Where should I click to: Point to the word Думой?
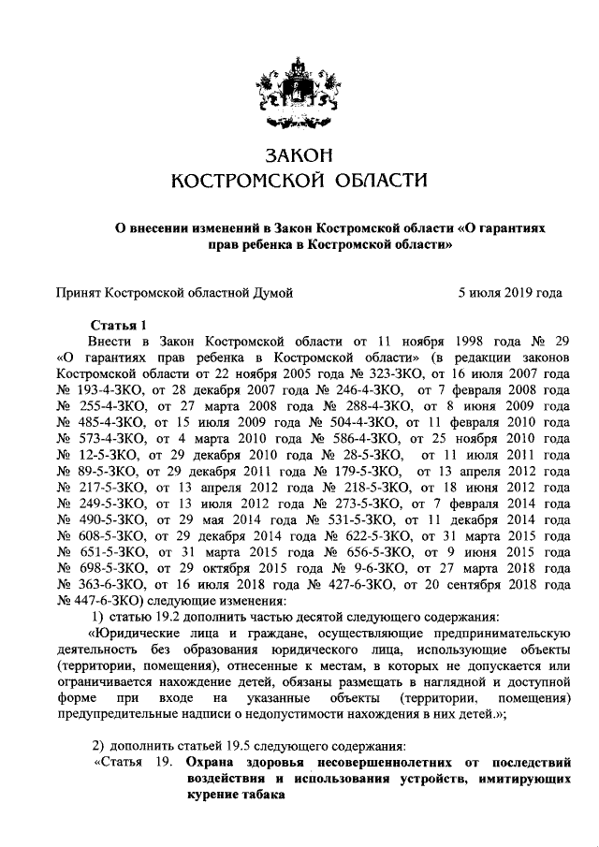pos(270,293)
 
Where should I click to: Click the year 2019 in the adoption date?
pos(513,293)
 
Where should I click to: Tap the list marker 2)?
pos(98,745)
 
